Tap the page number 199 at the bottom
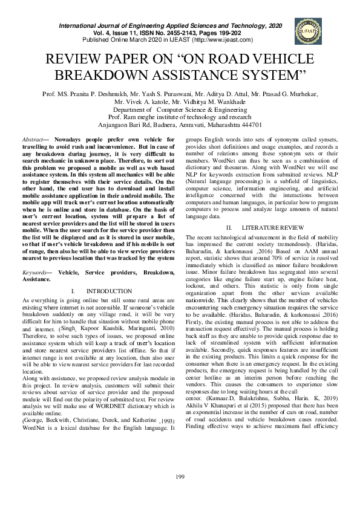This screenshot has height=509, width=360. coord(180,495)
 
